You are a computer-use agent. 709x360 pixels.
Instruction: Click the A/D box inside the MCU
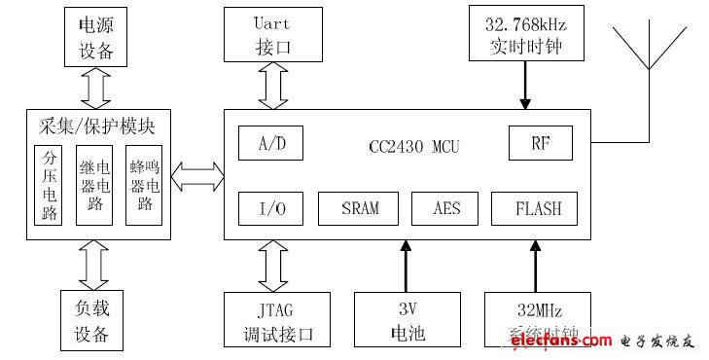269,144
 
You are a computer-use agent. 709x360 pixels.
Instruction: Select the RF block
540,144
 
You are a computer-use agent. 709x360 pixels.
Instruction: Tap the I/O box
269,207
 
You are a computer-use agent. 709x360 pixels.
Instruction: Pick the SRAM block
360,207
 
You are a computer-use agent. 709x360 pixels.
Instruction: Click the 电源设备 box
95,36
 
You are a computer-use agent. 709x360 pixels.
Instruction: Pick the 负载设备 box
95,319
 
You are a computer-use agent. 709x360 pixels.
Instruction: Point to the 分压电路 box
48,185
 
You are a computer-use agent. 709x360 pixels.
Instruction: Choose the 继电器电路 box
95,185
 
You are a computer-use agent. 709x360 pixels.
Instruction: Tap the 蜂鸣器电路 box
144,185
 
